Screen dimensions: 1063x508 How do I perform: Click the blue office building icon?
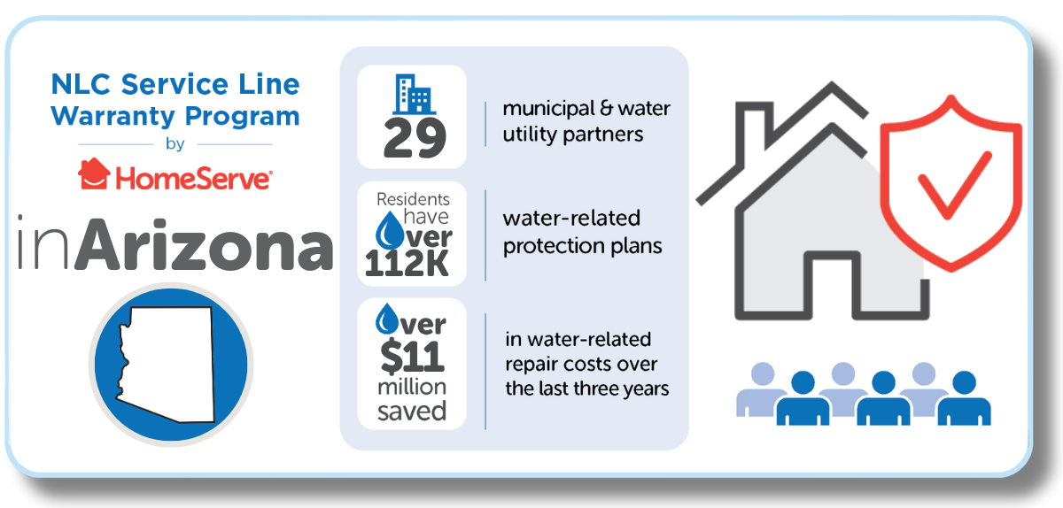click(x=414, y=95)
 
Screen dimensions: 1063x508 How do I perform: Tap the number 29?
click(x=415, y=138)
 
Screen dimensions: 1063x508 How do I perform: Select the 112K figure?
click(x=407, y=263)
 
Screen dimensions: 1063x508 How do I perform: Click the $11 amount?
click(x=412, y=356)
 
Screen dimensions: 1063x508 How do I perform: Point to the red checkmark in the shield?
click(x=954, y=185)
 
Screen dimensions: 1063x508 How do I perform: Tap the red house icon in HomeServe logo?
click(x=94, y=173)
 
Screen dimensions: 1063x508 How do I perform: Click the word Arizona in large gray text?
click(x=205, y=245)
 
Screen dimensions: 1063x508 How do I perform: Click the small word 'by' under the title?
click(x=175, y=144)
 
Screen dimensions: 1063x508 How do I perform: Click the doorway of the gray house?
click(x=833, y=285)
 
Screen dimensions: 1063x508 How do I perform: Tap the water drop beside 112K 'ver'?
click(x=389, y=230)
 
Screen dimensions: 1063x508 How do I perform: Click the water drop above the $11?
click(x=387, y=319)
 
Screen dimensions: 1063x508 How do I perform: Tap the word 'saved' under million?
click(x=412, y=411)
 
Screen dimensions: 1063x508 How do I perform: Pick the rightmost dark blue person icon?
click(x=965, y=398)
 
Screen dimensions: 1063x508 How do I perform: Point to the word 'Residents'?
click(x=413, y=199)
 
